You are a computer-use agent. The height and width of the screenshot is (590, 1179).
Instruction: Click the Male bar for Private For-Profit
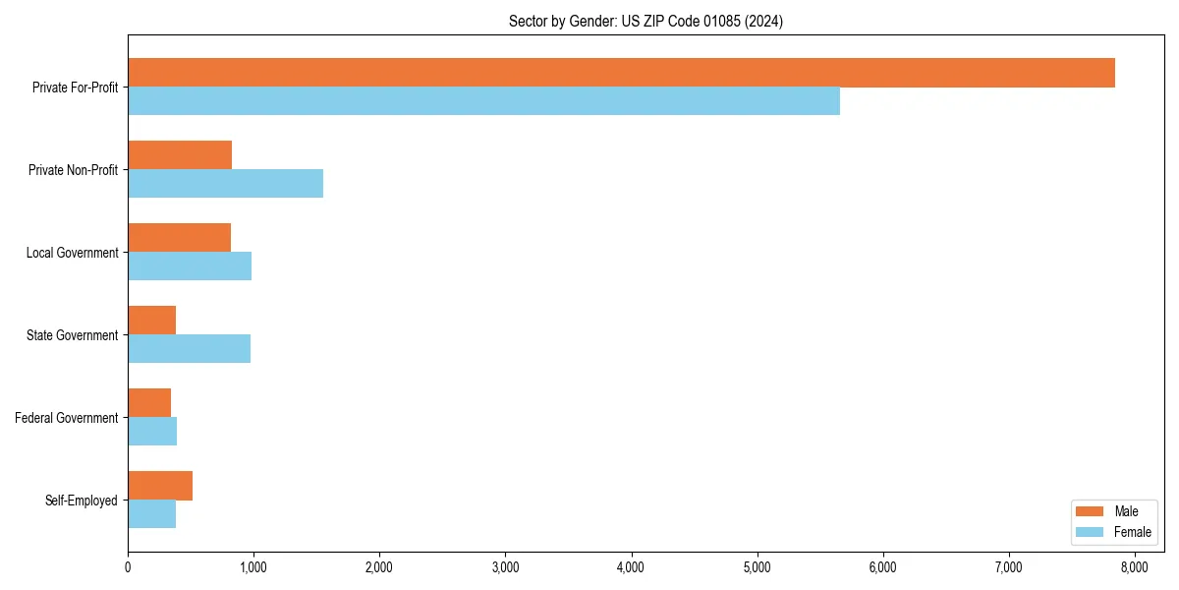[x=621, y=73]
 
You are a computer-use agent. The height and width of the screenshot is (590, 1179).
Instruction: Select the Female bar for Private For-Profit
[x=483, y=101]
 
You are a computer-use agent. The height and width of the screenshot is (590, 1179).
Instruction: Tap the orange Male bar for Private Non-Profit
[x=180, y=155]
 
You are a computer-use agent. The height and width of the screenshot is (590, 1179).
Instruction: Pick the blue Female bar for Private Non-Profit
[x=225, y=184]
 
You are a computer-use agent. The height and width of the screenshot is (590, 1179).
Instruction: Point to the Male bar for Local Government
[x=179, y=238]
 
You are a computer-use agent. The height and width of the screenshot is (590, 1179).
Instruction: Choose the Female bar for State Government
[x=189, y=349]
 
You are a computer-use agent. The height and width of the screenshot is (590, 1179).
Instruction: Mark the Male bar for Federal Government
[x=149, y=403]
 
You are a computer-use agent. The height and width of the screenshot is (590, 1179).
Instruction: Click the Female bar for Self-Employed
[x=151, y=514]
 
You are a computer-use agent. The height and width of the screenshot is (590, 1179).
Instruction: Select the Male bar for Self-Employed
[x=160, y=486]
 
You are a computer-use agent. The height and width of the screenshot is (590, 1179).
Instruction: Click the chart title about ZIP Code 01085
[x=646, y=21]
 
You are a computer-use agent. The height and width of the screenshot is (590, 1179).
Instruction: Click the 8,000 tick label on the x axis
[x=1135, y=566]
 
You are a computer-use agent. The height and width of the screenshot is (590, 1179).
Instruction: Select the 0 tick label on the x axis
[x=128, y=566]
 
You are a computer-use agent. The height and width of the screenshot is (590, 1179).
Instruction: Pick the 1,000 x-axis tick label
[x=253, y=566]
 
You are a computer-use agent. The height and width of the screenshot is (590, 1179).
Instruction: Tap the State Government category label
[x=72, y=335]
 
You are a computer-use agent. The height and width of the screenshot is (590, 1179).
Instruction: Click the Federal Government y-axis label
[x=67, y=418]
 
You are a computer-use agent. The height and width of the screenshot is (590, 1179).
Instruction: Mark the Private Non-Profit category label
[x=73, y=170]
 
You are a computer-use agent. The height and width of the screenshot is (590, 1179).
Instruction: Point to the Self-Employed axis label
[x=82, y=501]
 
